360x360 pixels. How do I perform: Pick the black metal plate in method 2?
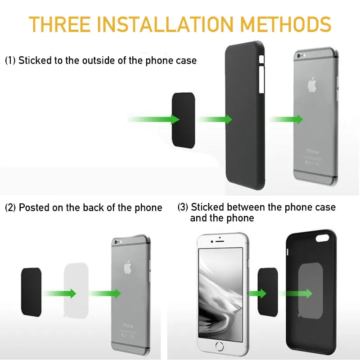click(x=31, y=292)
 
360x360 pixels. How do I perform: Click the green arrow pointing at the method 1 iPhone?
click(x=286, y=119)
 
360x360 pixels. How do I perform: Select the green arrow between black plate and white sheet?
click(x=60, y=293)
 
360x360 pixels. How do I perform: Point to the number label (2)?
click(x=10, y=208)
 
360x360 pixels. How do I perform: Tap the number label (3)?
click(x=183, y=207)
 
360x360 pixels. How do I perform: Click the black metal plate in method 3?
click(x=268, y=293)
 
